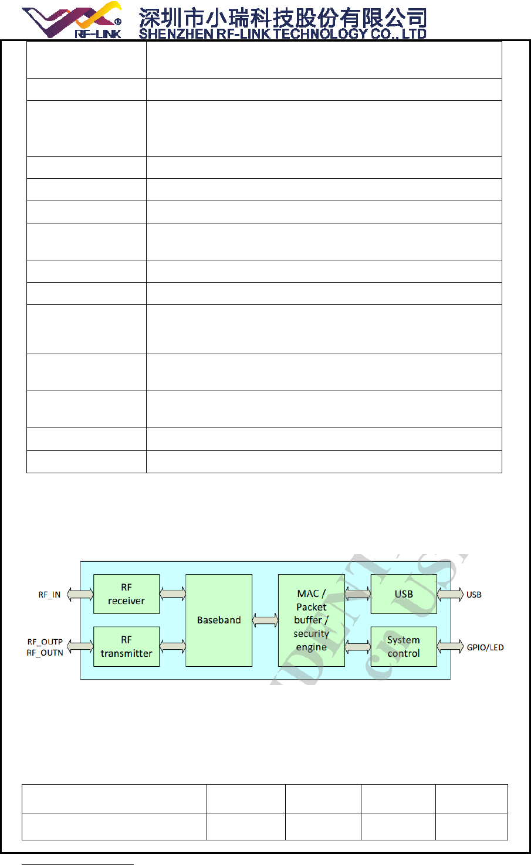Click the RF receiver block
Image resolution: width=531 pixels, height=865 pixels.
pos(126,594)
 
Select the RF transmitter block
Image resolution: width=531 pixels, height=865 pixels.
pos(126,646)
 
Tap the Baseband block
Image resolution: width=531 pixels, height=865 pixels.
pos(219,620)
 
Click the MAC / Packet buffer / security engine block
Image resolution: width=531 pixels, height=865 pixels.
pos(311,620)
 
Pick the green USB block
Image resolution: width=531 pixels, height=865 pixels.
pos(404,594)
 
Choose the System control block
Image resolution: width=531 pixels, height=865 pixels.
pos(404,646)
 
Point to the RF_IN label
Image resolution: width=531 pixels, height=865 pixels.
pos(50,595)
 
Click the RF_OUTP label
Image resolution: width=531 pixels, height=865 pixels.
pos(45,642)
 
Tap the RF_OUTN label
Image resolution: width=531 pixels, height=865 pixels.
pos(45,653)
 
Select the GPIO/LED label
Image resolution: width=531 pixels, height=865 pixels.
pos(485,647)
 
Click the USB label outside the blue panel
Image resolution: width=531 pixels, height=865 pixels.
pos(474,595)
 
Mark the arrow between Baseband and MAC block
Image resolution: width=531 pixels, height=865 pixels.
pos(265,620)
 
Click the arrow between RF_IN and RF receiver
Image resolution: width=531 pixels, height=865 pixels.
pos(80,595)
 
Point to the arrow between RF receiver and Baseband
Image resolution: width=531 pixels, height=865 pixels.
pos(173,594)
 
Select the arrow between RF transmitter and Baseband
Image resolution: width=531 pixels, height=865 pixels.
pos(173,646)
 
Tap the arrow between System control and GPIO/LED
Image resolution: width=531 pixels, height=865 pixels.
pos(450,646)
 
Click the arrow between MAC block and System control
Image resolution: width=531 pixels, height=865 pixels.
pos(358,646)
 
